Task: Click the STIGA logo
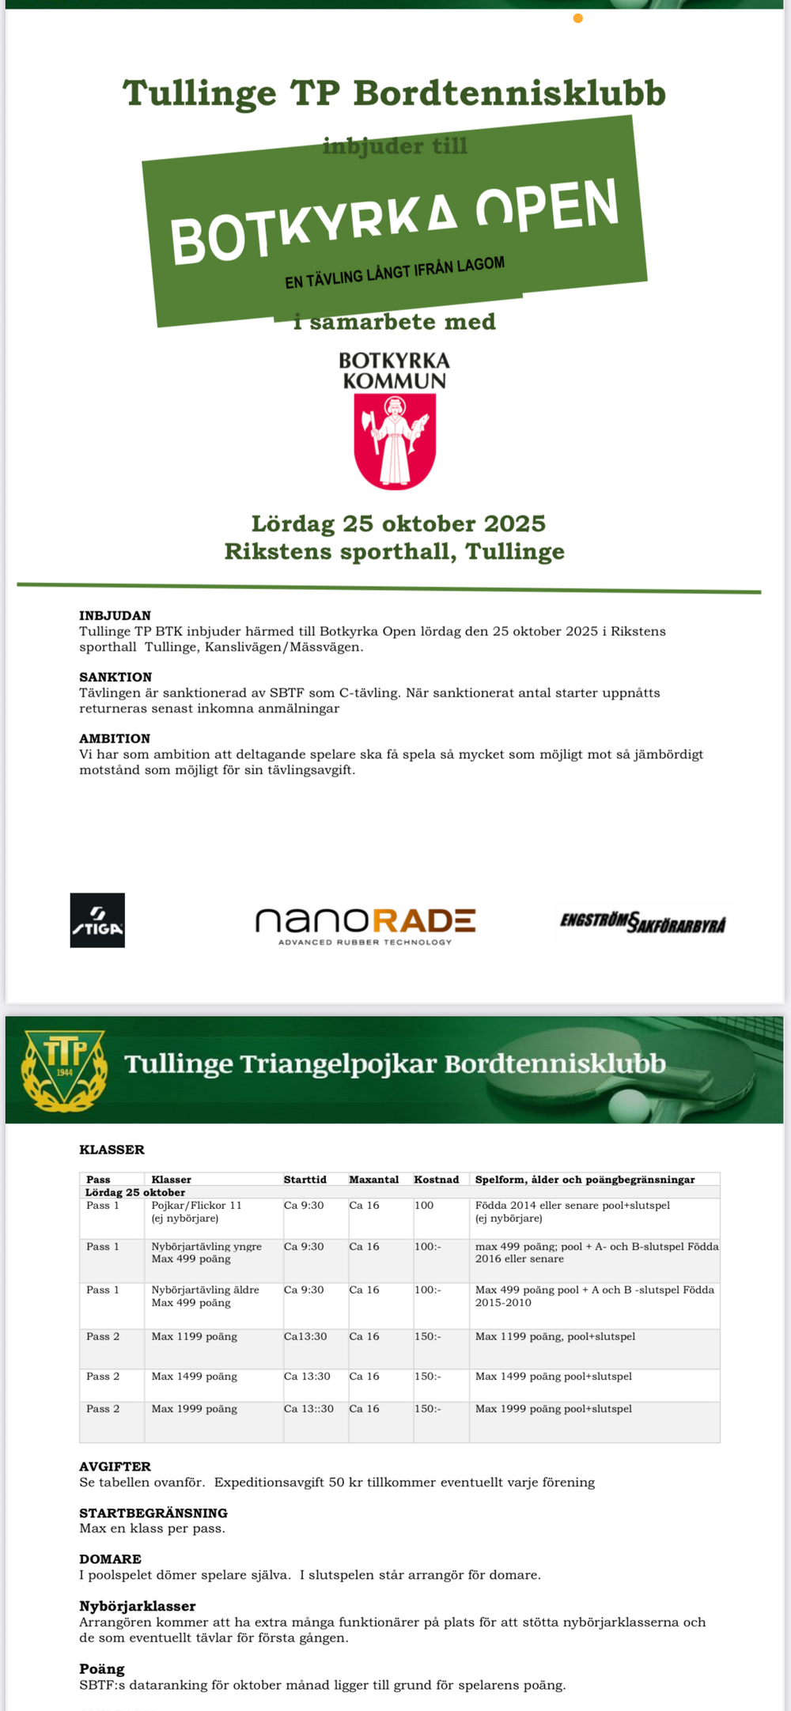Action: (97, 920)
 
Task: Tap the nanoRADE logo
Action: (365, 924)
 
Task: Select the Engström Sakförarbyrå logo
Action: (642, 922)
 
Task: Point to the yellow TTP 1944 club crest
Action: (65, 1070)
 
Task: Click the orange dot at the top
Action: (578, 18)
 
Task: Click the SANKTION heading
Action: (115, 677)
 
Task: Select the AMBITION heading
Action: (115, 738)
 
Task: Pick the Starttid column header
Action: (305, 1180)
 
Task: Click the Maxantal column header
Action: (374, 1180)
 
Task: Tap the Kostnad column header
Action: (437, 1180)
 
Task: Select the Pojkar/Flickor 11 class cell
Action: (196, 1206)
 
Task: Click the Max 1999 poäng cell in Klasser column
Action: (195, 1409)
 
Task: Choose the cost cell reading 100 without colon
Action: (424, 1206)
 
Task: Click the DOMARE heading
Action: (110, 1559)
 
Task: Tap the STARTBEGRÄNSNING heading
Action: (153, 1513)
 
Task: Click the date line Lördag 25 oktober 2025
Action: (398, 523)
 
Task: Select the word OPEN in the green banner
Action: (547, 207)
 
